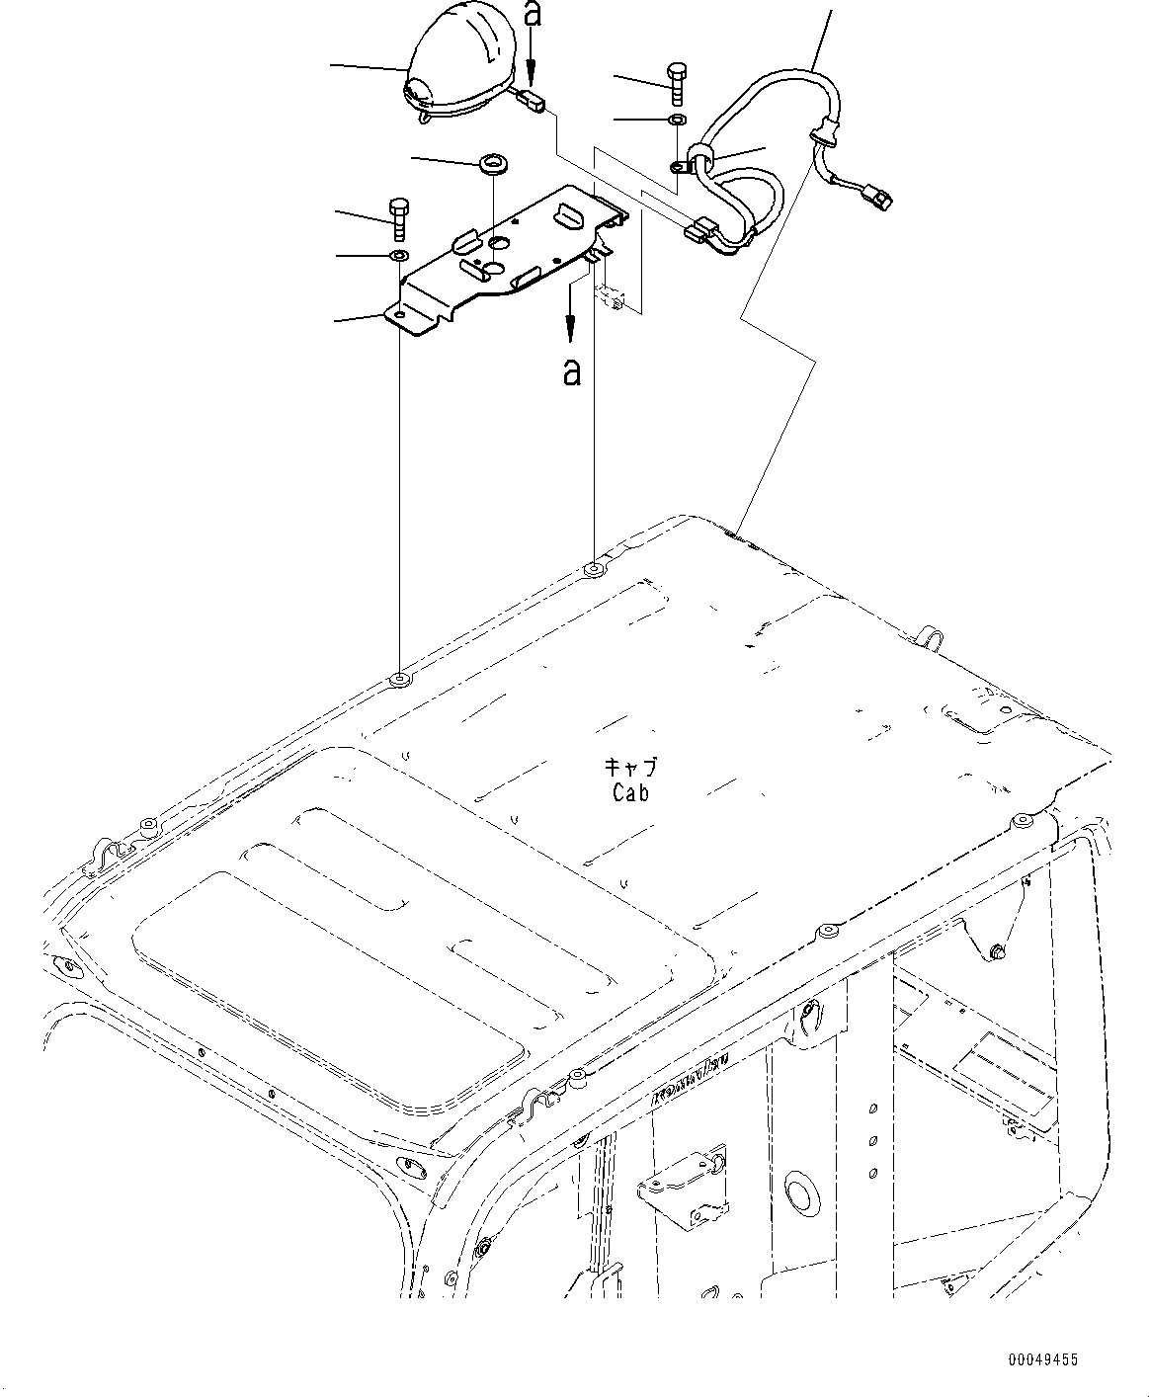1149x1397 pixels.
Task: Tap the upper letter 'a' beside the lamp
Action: [533, 16]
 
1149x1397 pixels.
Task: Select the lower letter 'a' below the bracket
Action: [570, 371]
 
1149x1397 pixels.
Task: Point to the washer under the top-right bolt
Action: [677, 120]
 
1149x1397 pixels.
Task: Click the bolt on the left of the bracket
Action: [398, 218]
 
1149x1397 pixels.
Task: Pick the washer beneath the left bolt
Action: [397, 257]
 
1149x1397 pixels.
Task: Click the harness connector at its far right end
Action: [880, 199]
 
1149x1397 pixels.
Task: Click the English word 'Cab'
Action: [630, 793]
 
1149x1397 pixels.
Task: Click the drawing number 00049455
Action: [1042, 1361]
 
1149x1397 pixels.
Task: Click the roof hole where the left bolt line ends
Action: [399, 680]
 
